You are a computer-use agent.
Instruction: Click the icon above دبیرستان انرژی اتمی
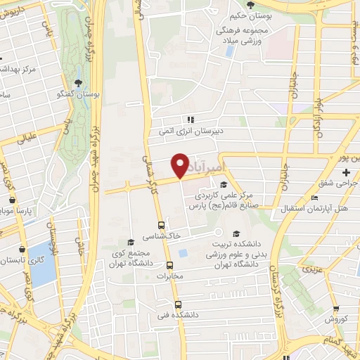pos(190,119)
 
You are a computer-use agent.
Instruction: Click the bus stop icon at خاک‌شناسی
pos(162,226)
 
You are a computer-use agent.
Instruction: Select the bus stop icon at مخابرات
pos(169,265)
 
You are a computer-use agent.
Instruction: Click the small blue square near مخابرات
pos(183,252)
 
